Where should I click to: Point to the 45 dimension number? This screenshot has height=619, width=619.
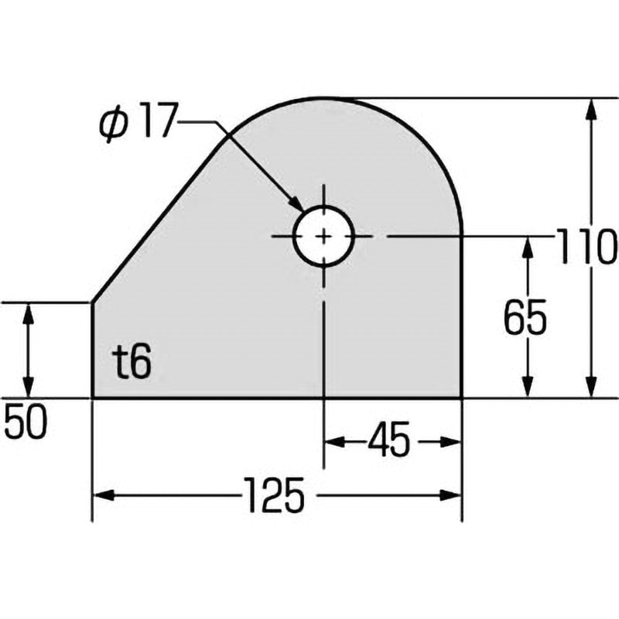[388, 442]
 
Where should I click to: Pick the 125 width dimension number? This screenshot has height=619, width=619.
[276, 495]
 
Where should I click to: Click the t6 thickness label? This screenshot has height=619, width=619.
[131, 363]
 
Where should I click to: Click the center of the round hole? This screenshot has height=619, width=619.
[323, 236]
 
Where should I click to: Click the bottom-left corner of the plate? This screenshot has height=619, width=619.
[93, 398]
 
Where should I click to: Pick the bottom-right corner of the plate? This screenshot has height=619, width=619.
[462, 398]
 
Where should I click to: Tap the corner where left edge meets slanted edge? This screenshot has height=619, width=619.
[93, 303]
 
